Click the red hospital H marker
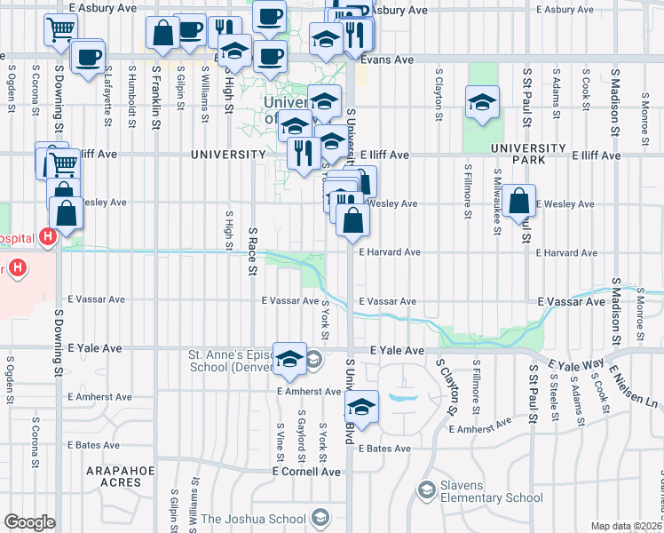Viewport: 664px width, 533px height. pyautogui.click(x=49, y=237)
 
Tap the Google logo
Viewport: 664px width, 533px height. pyautogui.click(x=29, y=522)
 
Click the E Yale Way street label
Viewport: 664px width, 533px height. pyautogui.click(x=576, y=364)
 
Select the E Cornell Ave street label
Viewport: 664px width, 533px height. pyautogui.click(x=306, y=472)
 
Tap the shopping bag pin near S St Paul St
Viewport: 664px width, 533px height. pyautogui.click(x=519, y=202)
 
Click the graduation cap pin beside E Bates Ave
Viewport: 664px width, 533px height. pyautogui.click(x=361, y=408)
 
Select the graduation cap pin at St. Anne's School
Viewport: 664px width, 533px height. pyautogui.click(x=289, y=359)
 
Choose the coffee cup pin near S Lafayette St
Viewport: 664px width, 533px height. pyautogui.click(x=87, y=58)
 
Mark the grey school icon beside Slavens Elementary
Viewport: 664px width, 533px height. pyautogui.click(x=427, y=489)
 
